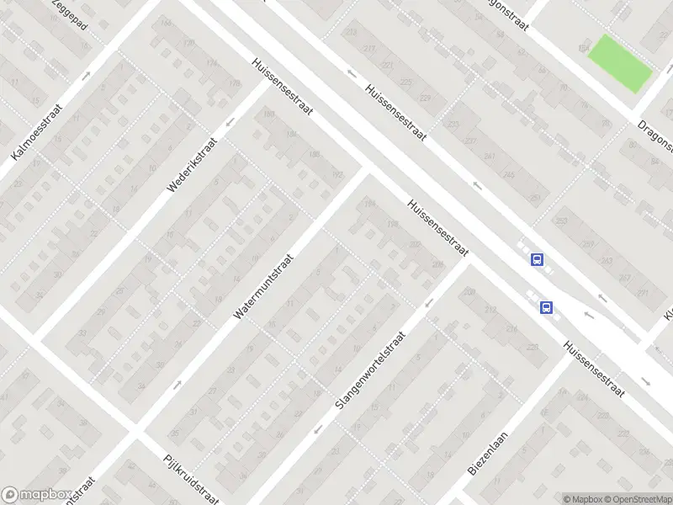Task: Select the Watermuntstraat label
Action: (x=265, y=287)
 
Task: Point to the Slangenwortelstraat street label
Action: (x=370, y=369)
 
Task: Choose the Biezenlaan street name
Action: (x=485, y=454)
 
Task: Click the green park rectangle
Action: (x=620, y=63)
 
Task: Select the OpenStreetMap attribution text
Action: (x=639, y=499)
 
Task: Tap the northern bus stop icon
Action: (x=537, y=260)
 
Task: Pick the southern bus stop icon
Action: (x=547, y=307)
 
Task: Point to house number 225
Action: (x=407, y=82)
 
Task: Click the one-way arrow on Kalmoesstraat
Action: (x=87, y=76)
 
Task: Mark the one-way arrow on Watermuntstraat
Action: (x=178, y=385)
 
